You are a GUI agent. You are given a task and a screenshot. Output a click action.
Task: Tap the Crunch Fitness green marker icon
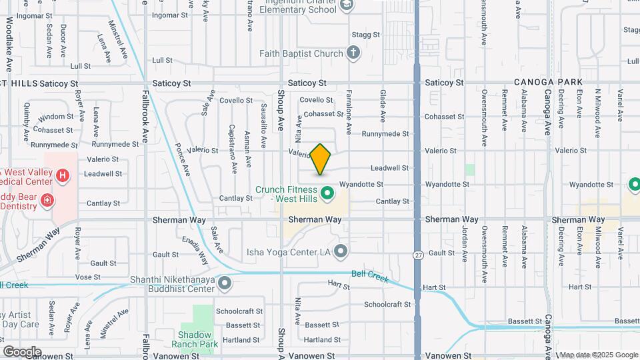327,194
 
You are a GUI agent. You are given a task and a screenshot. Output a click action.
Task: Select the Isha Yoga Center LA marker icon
341,251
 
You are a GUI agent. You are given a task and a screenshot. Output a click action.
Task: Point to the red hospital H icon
63,176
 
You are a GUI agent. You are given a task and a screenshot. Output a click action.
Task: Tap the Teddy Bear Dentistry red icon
47,199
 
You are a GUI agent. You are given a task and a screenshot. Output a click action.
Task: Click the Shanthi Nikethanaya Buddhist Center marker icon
225,283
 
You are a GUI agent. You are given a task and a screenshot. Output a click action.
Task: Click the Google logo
22,351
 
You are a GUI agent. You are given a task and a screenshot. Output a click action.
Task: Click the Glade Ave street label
383,107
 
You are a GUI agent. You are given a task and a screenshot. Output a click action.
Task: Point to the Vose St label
88,276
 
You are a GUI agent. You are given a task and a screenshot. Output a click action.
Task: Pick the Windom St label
51,118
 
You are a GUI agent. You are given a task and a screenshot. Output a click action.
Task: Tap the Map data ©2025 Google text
599,355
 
